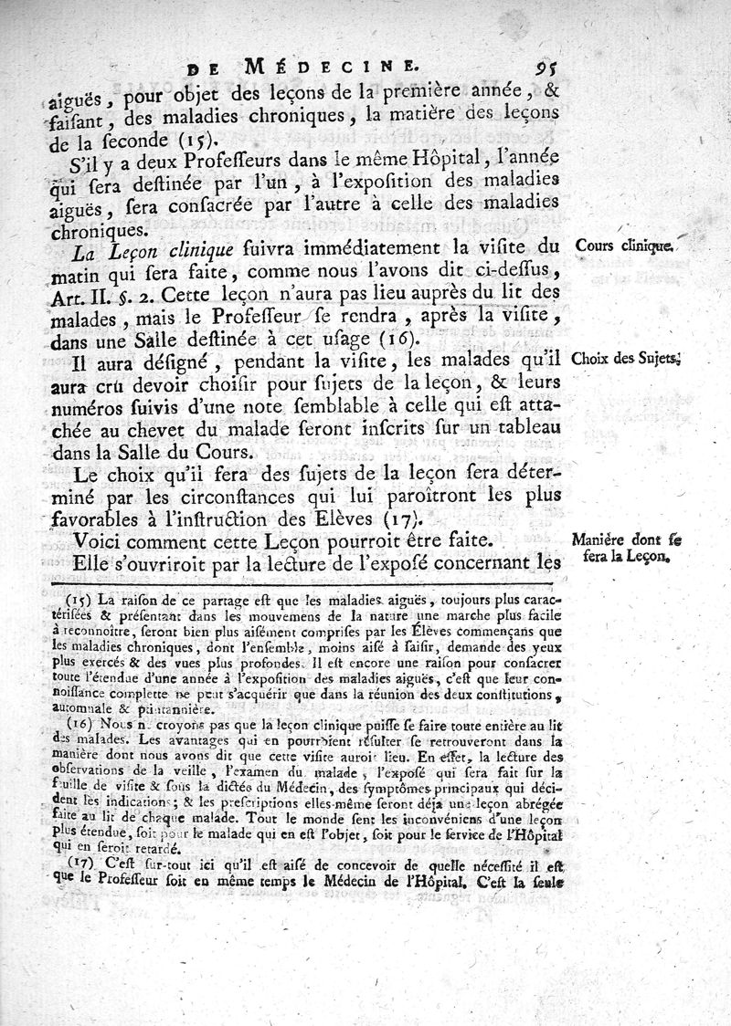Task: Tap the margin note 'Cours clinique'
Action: tap(625, 246)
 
